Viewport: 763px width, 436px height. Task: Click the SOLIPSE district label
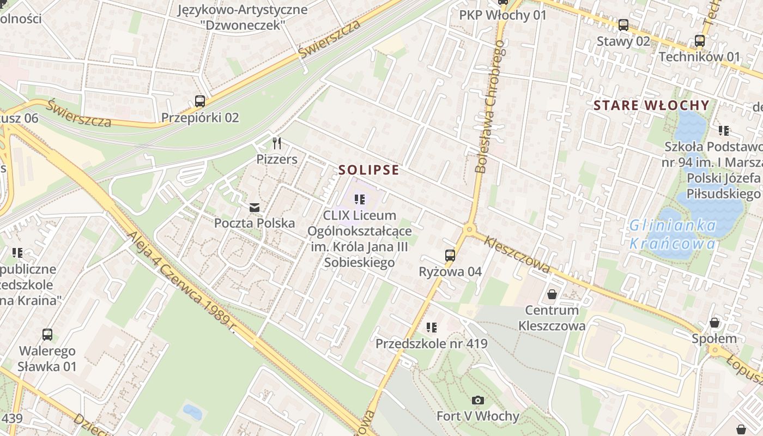(x=369, y=170)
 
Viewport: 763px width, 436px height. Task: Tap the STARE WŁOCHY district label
(x=651, y=106)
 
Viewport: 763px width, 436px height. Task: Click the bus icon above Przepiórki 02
(x=200, y=101)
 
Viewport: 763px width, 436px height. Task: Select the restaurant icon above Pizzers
(x=277, y=143)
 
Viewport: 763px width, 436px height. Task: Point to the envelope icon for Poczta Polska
(x=255, y=207)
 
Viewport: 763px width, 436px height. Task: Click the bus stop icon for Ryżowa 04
(x=450, y=255)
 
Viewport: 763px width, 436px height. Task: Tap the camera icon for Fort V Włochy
(x=478, y=401)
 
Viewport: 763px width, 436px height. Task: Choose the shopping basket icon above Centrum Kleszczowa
(x=552, y=294)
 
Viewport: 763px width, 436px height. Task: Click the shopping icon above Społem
(x=714, y=323)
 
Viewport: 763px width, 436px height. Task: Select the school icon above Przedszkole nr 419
(x=432, y=328)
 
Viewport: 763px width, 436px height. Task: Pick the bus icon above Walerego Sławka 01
(x=47, y=335)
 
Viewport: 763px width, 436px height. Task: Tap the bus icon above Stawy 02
(x=623, y=25)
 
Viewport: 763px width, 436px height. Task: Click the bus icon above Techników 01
(x=700, y=40)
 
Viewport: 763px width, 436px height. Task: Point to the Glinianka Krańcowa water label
(x=673, y=234)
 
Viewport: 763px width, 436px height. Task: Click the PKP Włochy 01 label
(x=502, y=15)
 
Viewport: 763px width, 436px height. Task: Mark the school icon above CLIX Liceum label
(x=359, y=199)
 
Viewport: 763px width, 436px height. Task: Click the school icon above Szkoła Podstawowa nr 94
(x=724, y=130)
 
